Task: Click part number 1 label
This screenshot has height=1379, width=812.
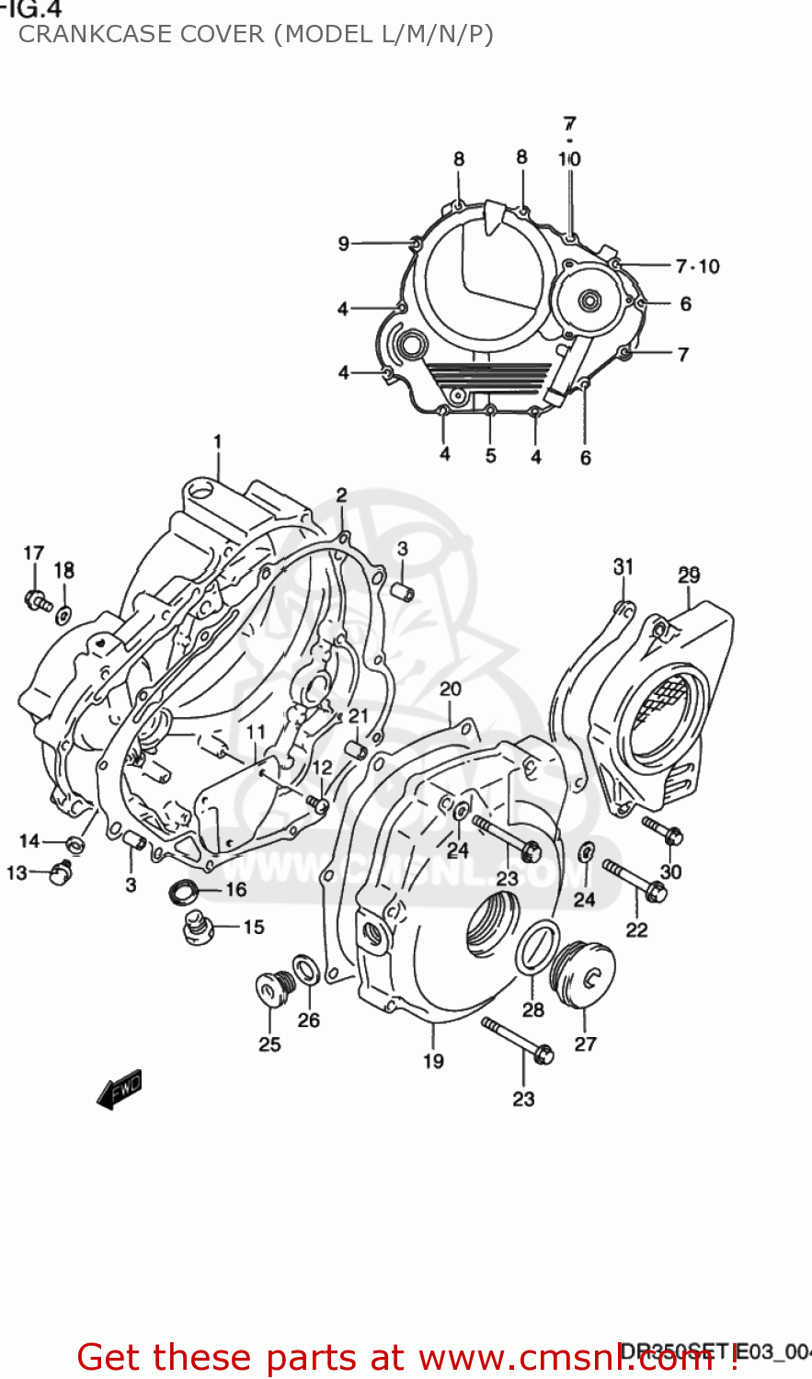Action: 218,442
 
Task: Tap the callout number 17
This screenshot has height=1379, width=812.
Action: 33,553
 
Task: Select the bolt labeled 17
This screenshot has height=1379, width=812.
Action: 38,602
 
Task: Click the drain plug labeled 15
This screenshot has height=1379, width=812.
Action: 194,928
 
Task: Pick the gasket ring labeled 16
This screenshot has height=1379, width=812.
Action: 184,889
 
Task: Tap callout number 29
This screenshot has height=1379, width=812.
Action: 689,576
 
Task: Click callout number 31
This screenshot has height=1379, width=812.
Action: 623,566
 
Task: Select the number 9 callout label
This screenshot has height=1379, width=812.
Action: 343,244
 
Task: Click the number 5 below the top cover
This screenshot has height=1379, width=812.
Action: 491,455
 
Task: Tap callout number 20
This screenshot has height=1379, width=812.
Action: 451,689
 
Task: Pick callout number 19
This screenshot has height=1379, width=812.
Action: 433,1061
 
